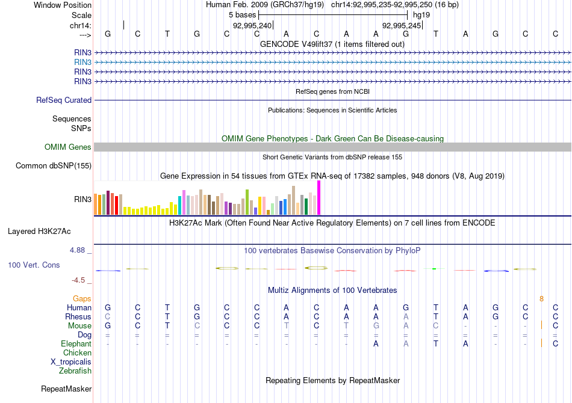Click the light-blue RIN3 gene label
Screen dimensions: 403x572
coord(83,62)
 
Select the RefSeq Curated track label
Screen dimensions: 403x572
coord(64,100)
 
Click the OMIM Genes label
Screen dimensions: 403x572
coord(68,147)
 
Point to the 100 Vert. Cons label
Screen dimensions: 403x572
coord(34,265)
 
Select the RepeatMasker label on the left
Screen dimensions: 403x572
coord(66,389)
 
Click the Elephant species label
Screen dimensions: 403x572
coord(76,343)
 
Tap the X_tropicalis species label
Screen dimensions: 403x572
coord(71,362)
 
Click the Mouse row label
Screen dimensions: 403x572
coord(79,325)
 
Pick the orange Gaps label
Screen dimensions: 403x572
coord(82,298)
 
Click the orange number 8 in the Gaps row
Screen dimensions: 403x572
coord(541,298)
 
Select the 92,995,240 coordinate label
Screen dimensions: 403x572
coord(252,25)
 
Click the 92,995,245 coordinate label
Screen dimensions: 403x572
coord(402,25)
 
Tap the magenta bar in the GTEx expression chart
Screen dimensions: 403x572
coord(319,197)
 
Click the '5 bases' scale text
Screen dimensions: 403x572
coord(242,14)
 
